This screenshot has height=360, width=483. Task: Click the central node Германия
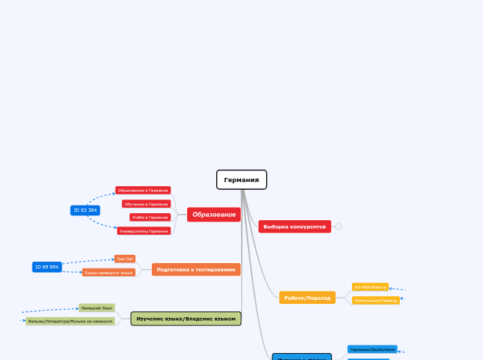(241, 180)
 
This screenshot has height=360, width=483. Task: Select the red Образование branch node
(213, 215)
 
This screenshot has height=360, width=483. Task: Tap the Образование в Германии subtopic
(143, 190)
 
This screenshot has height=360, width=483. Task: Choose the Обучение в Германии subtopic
(146, 204)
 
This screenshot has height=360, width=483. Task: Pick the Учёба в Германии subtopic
(150, 217)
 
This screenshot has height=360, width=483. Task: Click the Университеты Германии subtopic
(143, 231)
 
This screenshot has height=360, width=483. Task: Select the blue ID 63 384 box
(85, 210)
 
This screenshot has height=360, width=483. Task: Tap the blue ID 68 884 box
(47, 267)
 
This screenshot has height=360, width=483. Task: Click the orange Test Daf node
(125, 259)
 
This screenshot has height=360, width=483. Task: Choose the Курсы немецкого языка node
(109, 273)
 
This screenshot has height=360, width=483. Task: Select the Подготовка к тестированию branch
(196, 269)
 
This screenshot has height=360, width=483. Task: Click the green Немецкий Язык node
(96, 307)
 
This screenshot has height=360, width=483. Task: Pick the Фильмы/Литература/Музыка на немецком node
(70, 321)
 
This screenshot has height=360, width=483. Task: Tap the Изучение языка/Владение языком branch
(186, 318)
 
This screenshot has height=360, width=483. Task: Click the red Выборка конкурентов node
(295, 226)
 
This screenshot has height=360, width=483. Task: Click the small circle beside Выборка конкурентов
(339, 226)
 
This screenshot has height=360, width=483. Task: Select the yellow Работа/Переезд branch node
(307, 298)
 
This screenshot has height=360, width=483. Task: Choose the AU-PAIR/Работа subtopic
(370, 287)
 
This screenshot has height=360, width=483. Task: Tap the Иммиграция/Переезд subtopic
(376, 300)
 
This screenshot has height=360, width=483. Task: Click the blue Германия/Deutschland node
(372, 350)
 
